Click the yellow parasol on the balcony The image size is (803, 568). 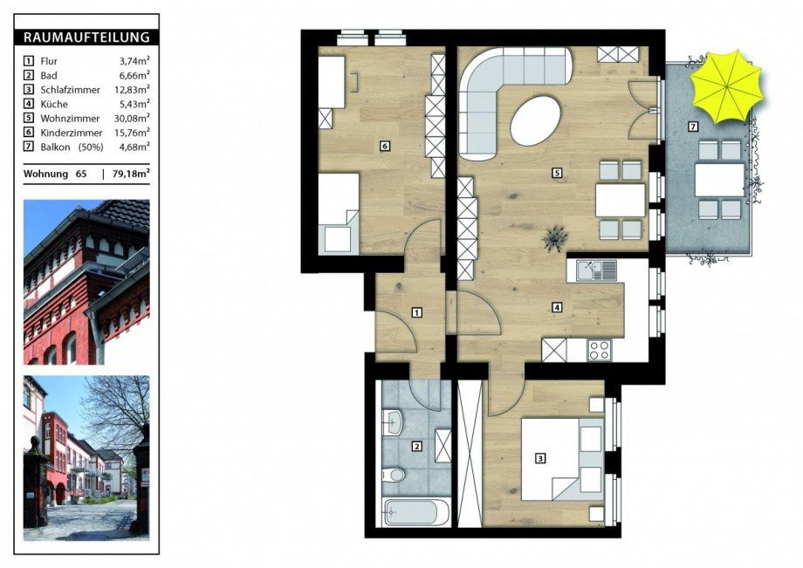(x=726, y=87)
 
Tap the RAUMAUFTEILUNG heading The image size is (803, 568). (x=86, y=38)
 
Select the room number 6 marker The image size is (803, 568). (x=385, y=147)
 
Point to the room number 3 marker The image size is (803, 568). (x=539, y=458)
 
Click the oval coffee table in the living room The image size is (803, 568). (x=536, y=120)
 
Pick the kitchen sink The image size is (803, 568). (x=597, y=270)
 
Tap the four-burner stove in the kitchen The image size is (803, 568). (x=599, y=350)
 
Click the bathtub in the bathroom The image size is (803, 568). (x=416, y=513)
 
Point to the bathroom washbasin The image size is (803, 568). (x=394, y=422)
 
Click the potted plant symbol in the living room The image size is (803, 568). (x=555, y=238)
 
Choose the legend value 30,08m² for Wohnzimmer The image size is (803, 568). (x=132, y=118)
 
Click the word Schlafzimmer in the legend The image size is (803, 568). (x=70, y=90)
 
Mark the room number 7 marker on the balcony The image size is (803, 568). (x=693, y=127)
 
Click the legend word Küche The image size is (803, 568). (x=54, y=104)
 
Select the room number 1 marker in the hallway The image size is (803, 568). (x=417, y=312)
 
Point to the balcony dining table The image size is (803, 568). (x=719, y=180)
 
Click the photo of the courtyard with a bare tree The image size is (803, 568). (x=86, y=458)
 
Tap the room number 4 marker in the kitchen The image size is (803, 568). (x=557, y=307)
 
